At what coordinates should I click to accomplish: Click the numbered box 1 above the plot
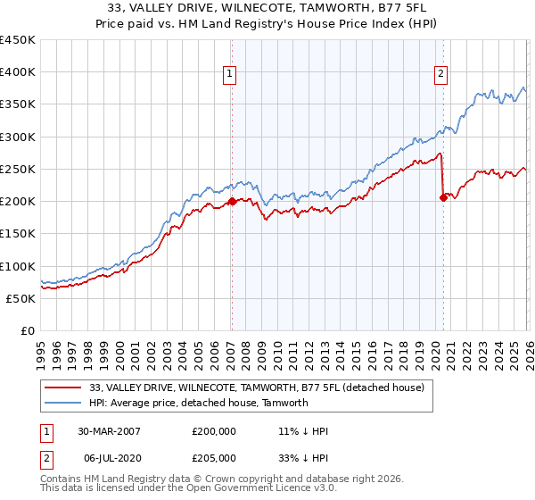click(230, 74)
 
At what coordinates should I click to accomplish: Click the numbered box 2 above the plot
click(440, 74)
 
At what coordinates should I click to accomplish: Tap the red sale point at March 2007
click(231, 202)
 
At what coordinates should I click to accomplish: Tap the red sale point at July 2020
click(442, 198)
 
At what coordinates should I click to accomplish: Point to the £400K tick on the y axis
click(18, 72)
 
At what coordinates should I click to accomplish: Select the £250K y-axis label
click(18, 169)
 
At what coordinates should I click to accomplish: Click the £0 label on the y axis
click(28, 330)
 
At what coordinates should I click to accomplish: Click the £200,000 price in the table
click(214, 430)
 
